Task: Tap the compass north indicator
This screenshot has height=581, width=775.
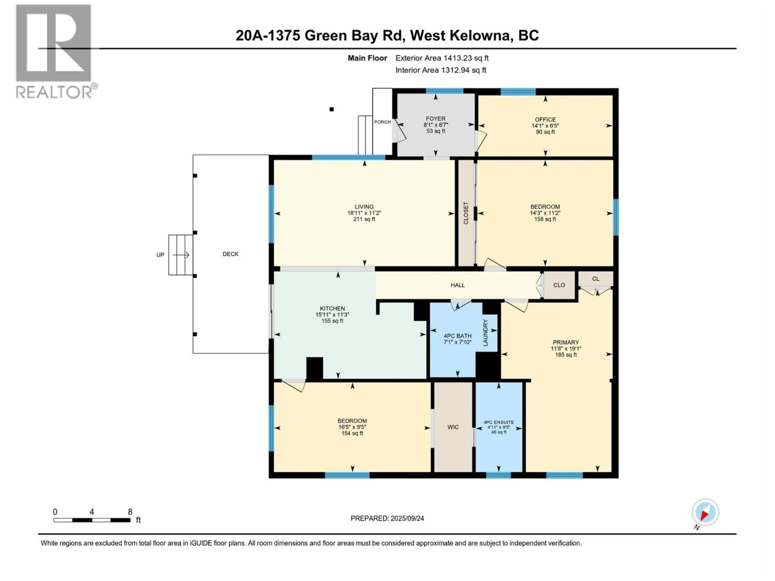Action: point(705,512)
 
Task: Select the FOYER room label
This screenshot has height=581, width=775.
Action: point(436,119)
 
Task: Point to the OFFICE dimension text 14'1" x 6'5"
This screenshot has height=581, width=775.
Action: point(545,126)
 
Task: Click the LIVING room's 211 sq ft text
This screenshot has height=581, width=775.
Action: point(364,219)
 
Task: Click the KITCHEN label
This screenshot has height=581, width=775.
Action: point(332,308)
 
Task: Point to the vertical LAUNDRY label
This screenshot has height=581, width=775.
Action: point(486,333)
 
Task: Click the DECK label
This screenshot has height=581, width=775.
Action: point(230,254)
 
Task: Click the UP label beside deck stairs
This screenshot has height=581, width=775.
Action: point(160,255)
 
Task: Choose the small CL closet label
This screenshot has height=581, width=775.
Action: point(596,279)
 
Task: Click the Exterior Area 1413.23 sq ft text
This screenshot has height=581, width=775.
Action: point(442,58)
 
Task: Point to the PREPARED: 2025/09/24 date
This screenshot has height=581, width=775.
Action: point(387,518)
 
